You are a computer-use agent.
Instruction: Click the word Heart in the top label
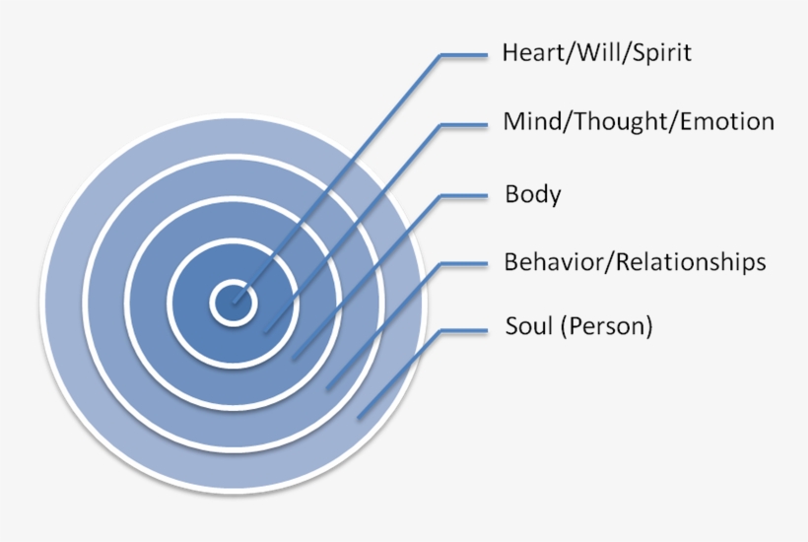(x=528, y=52)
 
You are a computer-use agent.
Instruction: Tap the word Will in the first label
(x=585, y=52)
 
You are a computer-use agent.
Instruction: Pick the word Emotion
(x=725, y=122)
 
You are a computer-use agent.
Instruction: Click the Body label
(x=532, y=194)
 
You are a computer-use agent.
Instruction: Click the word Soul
(x=528, y=326)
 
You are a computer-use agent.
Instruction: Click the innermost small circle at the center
(x=235, y=301)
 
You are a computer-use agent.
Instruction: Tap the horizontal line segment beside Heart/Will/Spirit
(x=465, y=55)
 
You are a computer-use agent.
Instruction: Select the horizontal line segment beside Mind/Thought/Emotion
(x=465, y=124)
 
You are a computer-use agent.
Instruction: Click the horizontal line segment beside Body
(x=465, y=195)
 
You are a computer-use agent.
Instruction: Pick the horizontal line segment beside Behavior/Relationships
(x=465, y=263)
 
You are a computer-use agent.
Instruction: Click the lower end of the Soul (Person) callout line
(x=360, y=416)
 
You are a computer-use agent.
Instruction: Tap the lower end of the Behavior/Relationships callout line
(x=329, y=385)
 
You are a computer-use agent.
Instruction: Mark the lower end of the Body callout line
(x=296, y=357)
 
